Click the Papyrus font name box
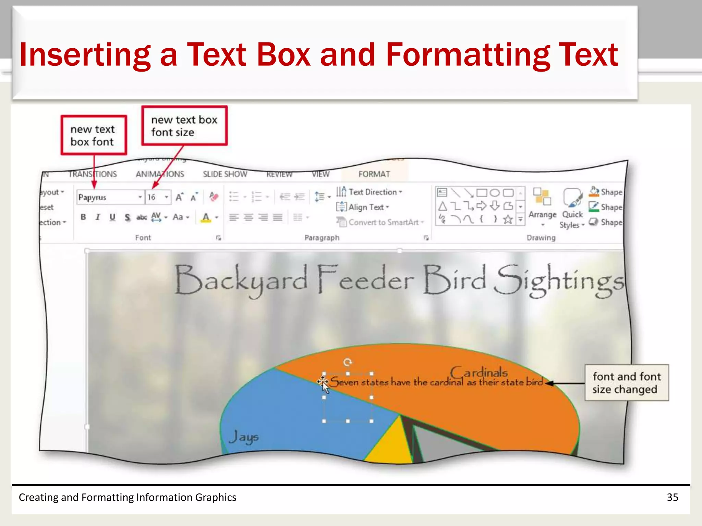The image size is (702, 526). click(107, 197)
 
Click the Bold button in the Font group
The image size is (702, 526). click(83, 217)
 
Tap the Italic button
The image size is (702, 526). click(98, 217)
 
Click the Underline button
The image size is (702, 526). click(112, 217)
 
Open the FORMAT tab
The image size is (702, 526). click(374, 174)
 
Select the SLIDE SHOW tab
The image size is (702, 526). click(225, 174)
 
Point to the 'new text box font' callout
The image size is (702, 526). click(93, 135)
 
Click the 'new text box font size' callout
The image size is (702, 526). click(184, 126)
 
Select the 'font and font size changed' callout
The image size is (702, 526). click(627, 383)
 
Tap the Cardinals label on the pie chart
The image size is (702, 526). click(479, 373)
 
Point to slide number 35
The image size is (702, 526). click(672, 497)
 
